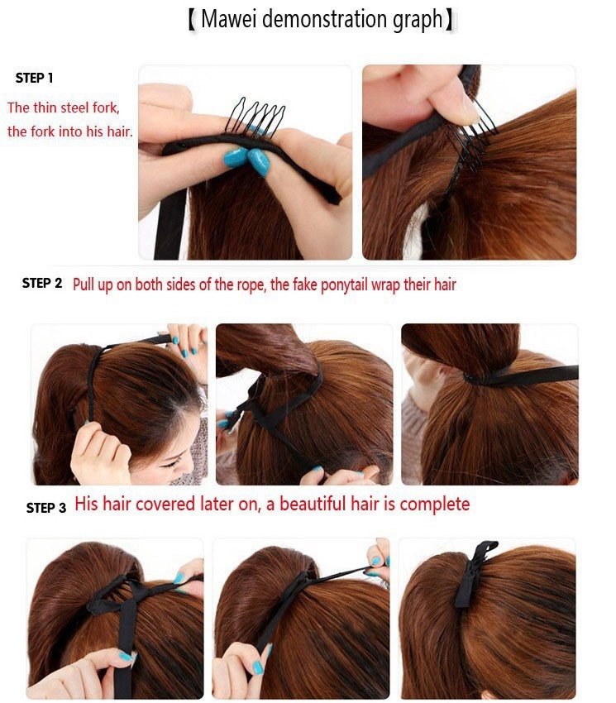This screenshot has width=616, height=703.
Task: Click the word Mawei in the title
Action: [229, 19]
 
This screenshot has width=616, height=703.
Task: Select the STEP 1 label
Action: [34, 78]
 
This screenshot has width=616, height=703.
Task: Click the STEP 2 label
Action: [41, 283]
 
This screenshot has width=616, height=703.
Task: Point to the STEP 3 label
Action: [45, 508]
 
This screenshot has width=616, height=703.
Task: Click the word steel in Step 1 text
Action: [75, 108]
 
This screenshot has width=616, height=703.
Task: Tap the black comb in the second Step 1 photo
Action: [470, 135]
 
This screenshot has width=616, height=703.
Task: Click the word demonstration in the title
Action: [325, 19]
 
